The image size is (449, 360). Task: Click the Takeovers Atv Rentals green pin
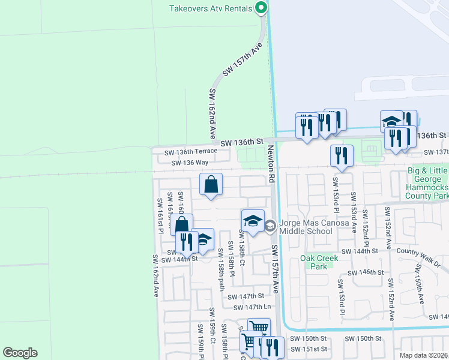[261, 8]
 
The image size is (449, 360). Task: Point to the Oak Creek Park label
[319, 262]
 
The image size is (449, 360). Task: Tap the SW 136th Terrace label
[191, 152]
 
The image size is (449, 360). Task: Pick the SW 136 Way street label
[190, 163]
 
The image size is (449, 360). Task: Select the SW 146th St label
[368, 272]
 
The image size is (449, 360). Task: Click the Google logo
[20, 353]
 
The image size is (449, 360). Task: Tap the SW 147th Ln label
[253, 307]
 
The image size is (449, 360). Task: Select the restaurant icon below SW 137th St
[342, 155]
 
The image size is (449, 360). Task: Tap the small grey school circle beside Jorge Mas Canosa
[270, 226]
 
